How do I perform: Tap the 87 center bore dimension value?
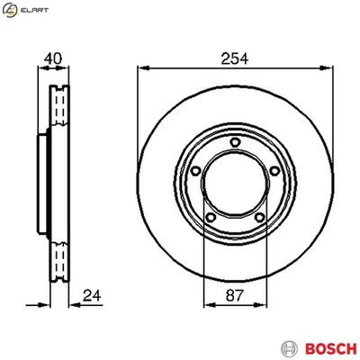click(x=232, y=296)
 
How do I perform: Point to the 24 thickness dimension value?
click(x=90, y=294)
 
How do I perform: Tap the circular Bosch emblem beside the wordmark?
click(x=288, y=347)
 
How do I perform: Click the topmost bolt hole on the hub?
click(x=234, y=140)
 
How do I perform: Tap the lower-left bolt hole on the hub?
click(x=209, y=216)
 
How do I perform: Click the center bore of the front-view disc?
click(x=232, y=183)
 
